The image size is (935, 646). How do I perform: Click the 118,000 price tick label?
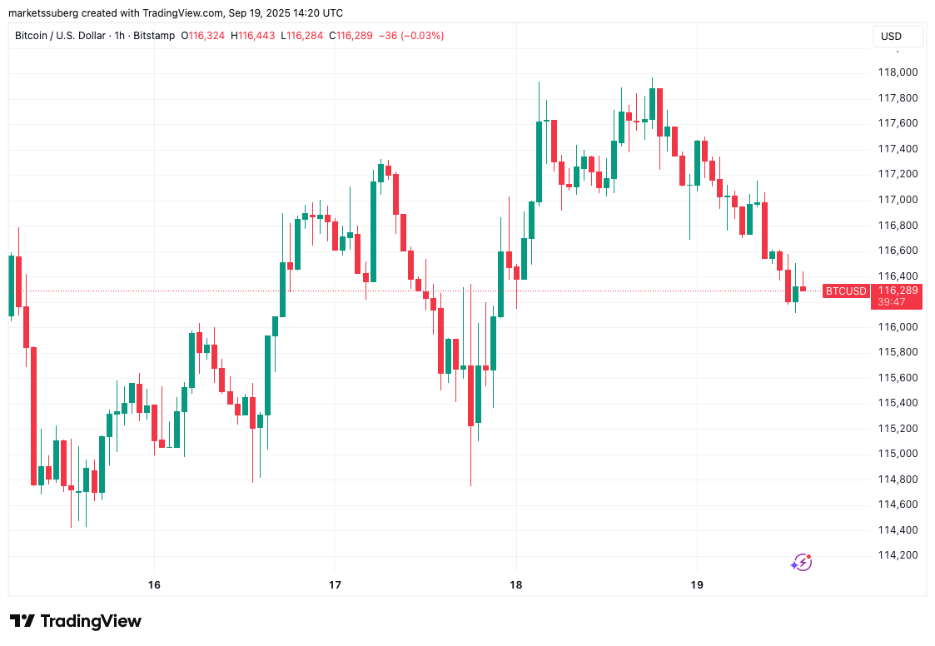pyautogui.click(x=898, y=72)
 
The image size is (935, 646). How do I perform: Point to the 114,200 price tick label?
pyautogui.click(x=898, y=555)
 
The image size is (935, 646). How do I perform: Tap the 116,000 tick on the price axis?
pyautogui.click(x=898, y=326)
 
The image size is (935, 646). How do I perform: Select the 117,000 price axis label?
pyautogui.click(x=898, y=200)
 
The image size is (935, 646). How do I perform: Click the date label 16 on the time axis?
pyautogui.click(x=154, y=584)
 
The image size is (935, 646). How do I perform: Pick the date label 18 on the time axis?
pyautogui.click(x=516, y=584)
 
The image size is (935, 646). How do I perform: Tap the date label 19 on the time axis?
pyautogui.click(x=698, y=584)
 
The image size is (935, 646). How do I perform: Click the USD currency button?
pyautogui.click(x=892, y=37)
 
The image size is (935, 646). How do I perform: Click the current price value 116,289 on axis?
pyautogui.click(x=898, y=291)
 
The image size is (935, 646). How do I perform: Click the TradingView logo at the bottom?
pyautogui.click(x=76, y=621)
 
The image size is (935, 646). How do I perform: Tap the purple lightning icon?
pyautogui.click(x=801, y=562)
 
